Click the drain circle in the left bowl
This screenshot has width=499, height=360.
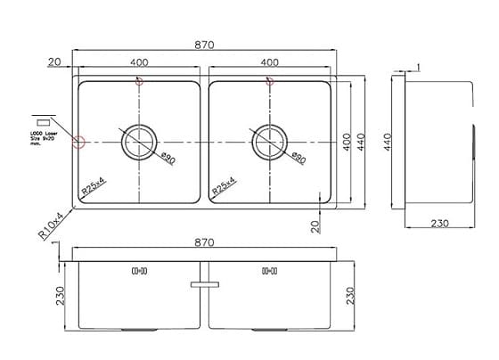pyautogui.click(x=139, y=142)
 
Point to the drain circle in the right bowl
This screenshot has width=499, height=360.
pyautogui.click(x=270, y=142)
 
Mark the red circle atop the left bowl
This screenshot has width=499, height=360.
pyautogui.click(x=137, y=82)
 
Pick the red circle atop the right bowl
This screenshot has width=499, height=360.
pyautogui.click(x=268, y=82)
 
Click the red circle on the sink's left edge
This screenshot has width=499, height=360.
pyautogui.click(x=78, y=141)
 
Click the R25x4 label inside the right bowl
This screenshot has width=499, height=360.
pyautogui.click(x=225, y=185)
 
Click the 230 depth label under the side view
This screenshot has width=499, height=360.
pyautogui.click(x=437, y=224)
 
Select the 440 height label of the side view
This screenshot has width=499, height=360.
pyautogui.click(x=388, y=142)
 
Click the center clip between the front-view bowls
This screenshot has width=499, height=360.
pyautogui.click(x=205, y=284)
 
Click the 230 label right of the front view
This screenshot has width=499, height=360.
pyautogui.click(x=351, y=293)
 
